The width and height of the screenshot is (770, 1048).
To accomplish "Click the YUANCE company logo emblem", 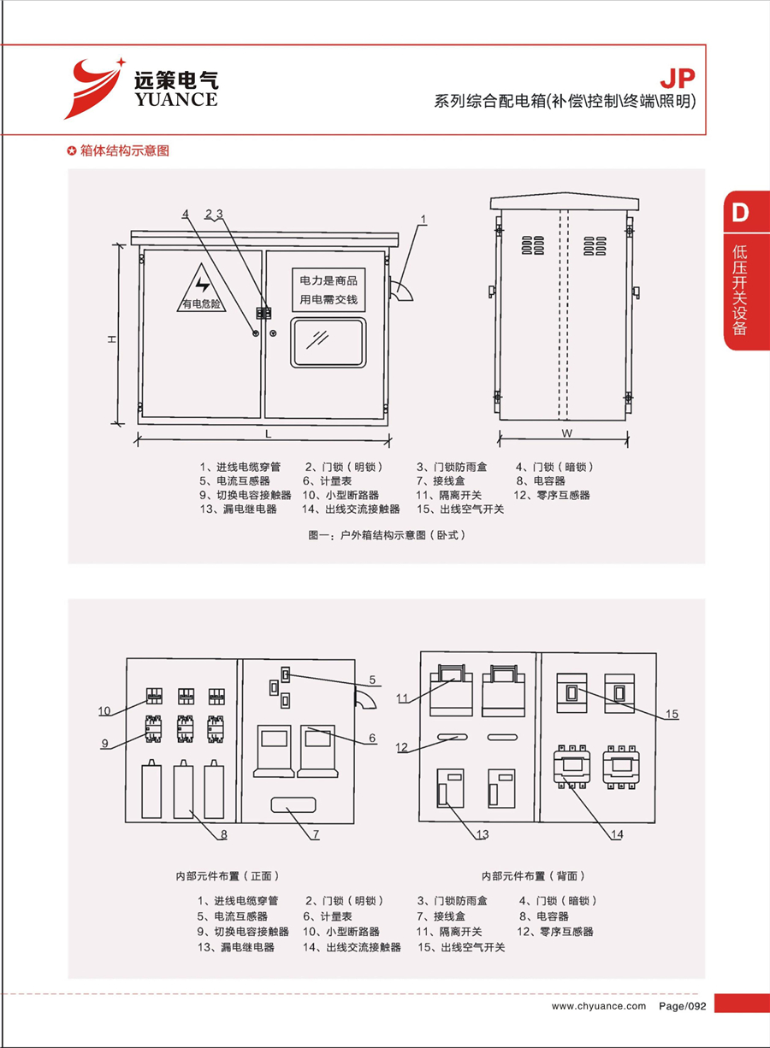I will coord(93,87).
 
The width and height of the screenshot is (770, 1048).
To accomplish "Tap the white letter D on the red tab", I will coord(740,212).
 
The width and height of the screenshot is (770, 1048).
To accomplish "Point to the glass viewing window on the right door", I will coord(329,342).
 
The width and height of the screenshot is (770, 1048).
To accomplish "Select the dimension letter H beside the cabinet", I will coord(111,339).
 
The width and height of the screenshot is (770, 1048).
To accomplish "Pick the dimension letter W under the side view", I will coord(566,433).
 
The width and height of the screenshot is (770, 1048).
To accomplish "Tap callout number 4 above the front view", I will coord(184,214).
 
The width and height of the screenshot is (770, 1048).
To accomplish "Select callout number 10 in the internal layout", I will coord(104,710).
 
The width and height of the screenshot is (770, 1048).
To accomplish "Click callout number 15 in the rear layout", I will coord(672,714).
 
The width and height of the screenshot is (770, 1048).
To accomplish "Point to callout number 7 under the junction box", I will coord(315,834).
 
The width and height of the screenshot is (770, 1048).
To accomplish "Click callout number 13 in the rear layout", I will coord(483,834).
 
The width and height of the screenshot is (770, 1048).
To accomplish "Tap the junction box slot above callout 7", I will coord(293,805).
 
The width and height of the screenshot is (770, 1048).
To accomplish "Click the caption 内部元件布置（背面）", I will coord(533,876).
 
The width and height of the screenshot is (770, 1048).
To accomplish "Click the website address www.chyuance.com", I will coord(599,1006).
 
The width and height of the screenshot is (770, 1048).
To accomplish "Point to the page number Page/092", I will coord(682,1006).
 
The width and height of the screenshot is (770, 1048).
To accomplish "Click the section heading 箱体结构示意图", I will coord(124,151).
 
